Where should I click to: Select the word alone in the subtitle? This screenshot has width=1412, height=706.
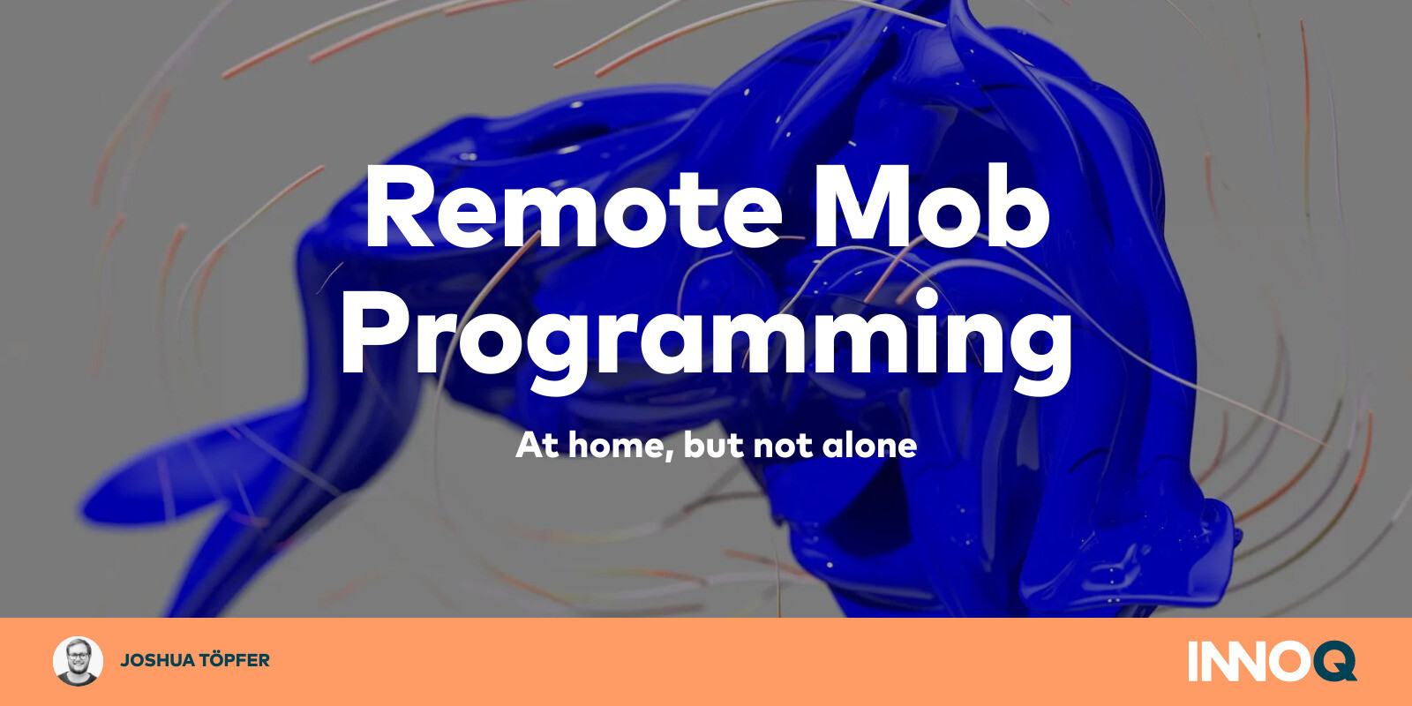pyautogui.click(x=869, y=446)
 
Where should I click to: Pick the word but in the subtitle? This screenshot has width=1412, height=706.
pyautogui.click(x=713, y=446)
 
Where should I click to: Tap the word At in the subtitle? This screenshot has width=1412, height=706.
pyautogui.click(x=537, y=446)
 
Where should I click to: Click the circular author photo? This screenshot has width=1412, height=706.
pyautogui.click(x=78, y=661)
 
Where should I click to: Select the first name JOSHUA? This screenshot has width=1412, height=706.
pyautogui.click(x=157, y=660)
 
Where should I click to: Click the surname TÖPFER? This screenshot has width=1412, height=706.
pyautogui.click(x=234, y=660)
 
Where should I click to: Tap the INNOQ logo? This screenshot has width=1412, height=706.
pyautogui.click(x=1272, y=661)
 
